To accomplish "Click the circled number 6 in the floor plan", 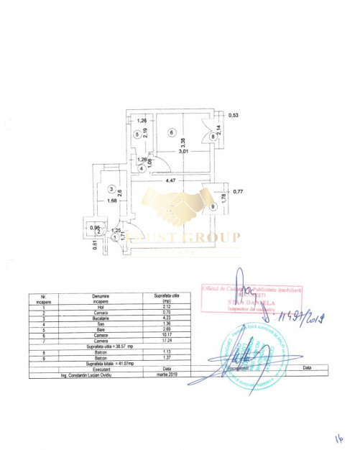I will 171,132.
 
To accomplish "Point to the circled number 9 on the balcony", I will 213,206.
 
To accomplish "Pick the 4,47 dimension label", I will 171,181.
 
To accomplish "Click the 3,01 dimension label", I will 183,152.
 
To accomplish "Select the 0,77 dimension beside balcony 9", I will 239,191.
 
